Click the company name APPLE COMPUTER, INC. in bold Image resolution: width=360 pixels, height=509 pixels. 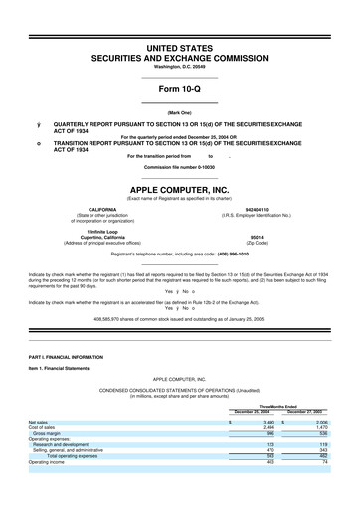coord(179,187)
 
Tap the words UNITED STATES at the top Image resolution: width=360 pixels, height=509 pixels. coord(179,48)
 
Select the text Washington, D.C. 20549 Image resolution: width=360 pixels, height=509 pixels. coord(179,69)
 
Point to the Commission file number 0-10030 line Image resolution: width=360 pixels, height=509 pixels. coord(179,166)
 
